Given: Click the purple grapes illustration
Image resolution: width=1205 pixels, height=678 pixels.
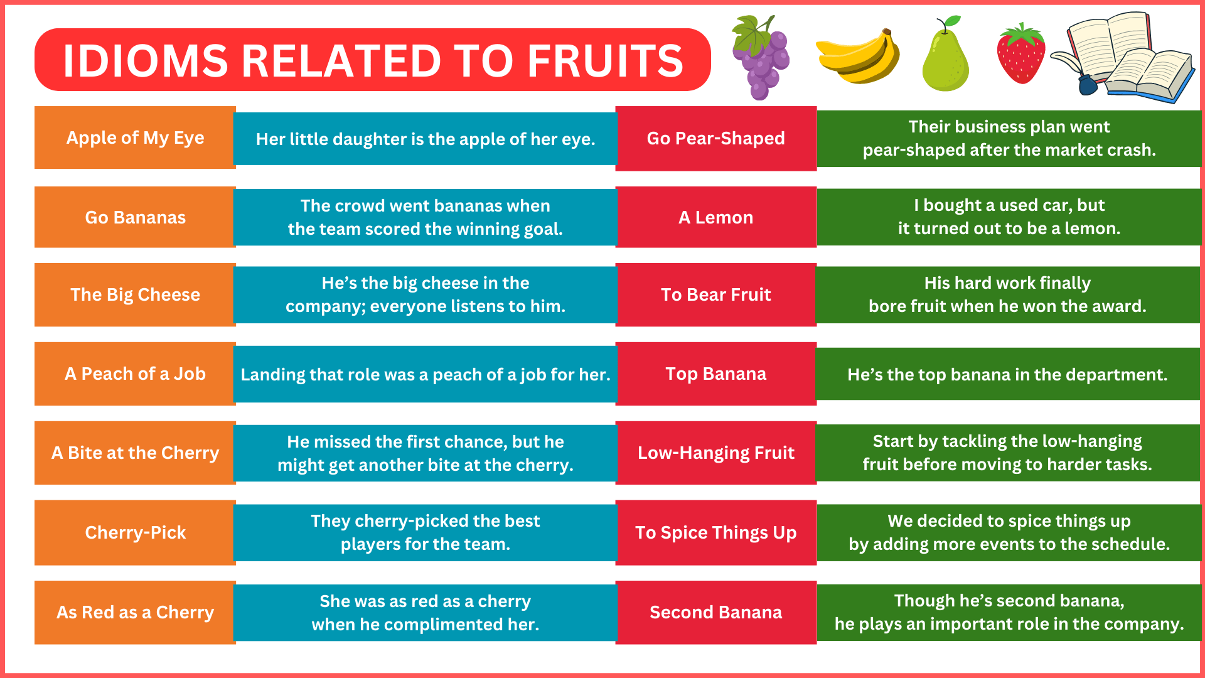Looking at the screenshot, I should [x=761, y=58].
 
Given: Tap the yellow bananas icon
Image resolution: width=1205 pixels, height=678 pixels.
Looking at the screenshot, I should [x=858, y=56].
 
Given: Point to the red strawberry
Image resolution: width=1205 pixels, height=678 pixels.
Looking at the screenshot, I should [x=1021, y=54].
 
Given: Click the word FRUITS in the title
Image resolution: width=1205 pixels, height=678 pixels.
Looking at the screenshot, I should [x=605, y=60].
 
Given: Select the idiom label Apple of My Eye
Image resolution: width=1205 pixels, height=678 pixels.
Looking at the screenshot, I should [x=135, y=137].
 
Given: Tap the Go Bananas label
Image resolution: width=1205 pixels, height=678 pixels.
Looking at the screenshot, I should [x=135, y=217].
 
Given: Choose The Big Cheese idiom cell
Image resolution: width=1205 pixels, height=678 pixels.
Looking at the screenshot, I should [x=135, y=294].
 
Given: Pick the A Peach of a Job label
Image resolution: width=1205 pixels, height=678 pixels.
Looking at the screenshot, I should [x=135, y=374].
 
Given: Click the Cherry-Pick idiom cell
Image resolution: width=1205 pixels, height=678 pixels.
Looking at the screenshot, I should [x=135, y=532].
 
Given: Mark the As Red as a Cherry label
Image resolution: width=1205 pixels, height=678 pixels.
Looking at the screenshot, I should [x=135, y=612].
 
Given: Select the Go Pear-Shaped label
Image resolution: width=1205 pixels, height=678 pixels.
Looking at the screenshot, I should [x=715, y=138].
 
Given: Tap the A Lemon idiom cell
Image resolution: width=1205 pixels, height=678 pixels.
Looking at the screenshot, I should [x=715, y=217].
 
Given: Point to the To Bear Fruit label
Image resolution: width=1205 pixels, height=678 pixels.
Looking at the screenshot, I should [x=715, y=294].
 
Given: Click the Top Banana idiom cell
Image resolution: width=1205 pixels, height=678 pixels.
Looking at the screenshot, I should [x=715, y=374].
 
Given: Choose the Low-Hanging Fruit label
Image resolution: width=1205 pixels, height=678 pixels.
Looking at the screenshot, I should [x=715, y=453].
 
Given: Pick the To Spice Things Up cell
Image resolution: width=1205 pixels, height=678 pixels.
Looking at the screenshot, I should [x=715, y=532].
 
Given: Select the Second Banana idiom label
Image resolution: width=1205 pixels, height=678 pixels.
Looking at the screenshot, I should [x=715, y=612].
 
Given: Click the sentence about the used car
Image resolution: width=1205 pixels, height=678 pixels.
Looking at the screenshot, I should [x=1009, y=217].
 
